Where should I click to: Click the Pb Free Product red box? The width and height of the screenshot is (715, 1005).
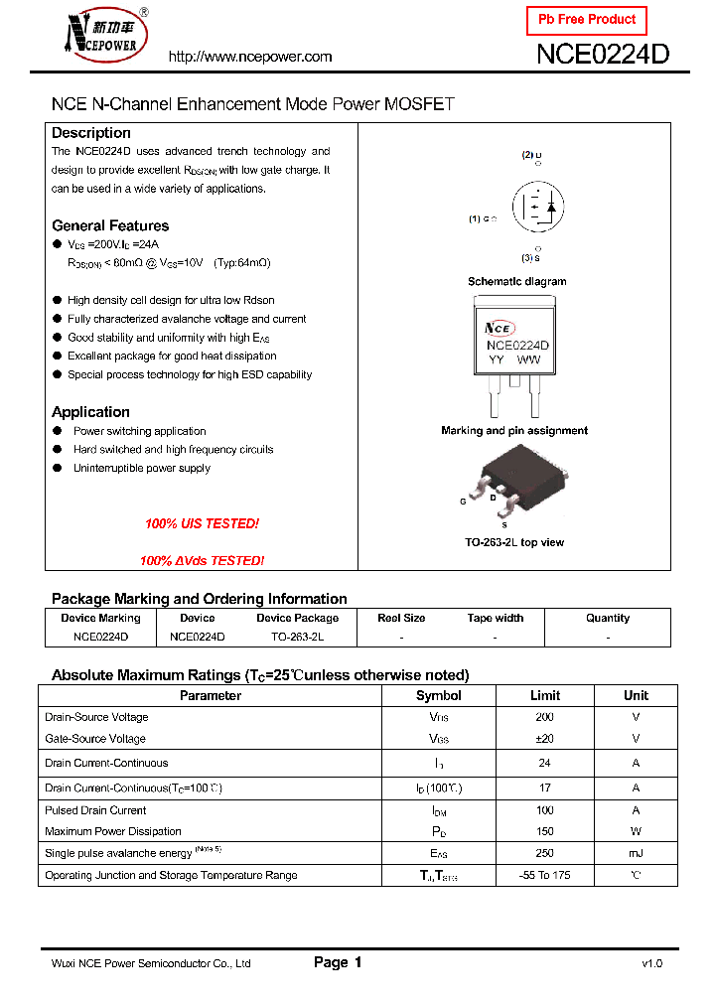pos(586,20)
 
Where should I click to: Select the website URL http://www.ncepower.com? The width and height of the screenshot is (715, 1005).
pos(250,57)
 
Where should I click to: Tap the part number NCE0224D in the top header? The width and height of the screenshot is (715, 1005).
pos(603,55)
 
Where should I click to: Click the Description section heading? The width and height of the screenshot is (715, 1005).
pos(91,133)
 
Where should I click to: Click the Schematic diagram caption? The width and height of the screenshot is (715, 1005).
pos(516,282)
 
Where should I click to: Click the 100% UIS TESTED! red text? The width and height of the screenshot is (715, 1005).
pos(202,523)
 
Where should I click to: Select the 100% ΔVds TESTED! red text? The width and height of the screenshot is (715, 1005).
pos(202,561)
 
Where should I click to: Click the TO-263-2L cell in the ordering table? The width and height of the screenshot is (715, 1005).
pos(297,637)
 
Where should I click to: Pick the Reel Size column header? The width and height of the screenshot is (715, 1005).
pos(402,618)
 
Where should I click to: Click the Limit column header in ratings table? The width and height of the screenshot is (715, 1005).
pos(545,695)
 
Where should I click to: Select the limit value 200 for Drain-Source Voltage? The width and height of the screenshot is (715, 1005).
pos(545,717)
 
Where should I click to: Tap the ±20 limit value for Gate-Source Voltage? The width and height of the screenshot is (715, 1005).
pos(545,739)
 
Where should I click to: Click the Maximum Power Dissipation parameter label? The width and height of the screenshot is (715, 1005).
pos(113,832)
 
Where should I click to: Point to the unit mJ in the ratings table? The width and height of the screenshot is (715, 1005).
pos(636,853)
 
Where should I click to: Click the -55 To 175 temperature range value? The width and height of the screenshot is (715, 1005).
pos(545,876)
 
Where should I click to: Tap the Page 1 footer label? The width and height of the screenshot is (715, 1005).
pos(338,962)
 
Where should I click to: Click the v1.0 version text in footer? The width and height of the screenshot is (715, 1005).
pos(651,963)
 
